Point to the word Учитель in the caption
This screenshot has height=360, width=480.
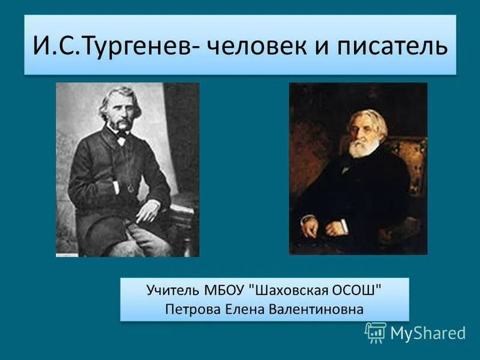pos(170,291)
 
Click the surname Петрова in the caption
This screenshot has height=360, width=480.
pos(190,310)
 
